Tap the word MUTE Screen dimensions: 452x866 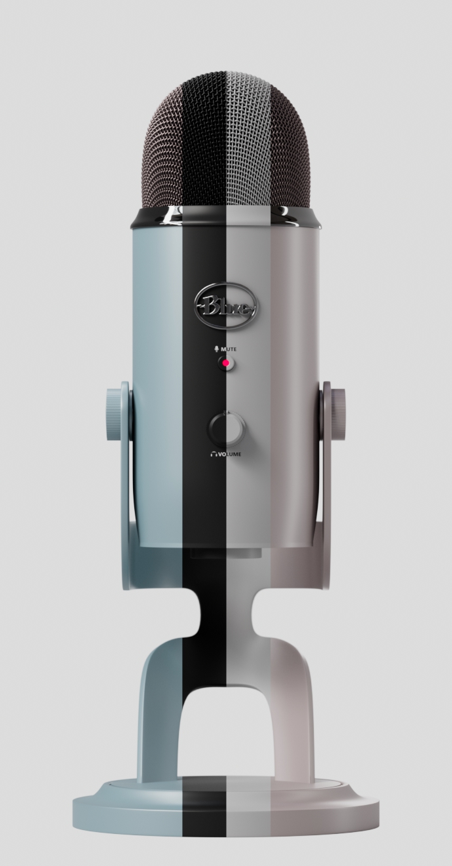tap(228, 349)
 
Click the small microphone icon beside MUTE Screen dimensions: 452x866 tap(217, 349)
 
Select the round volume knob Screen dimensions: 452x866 tap(227, 428)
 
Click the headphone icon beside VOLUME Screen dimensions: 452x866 tap(213, 454)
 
